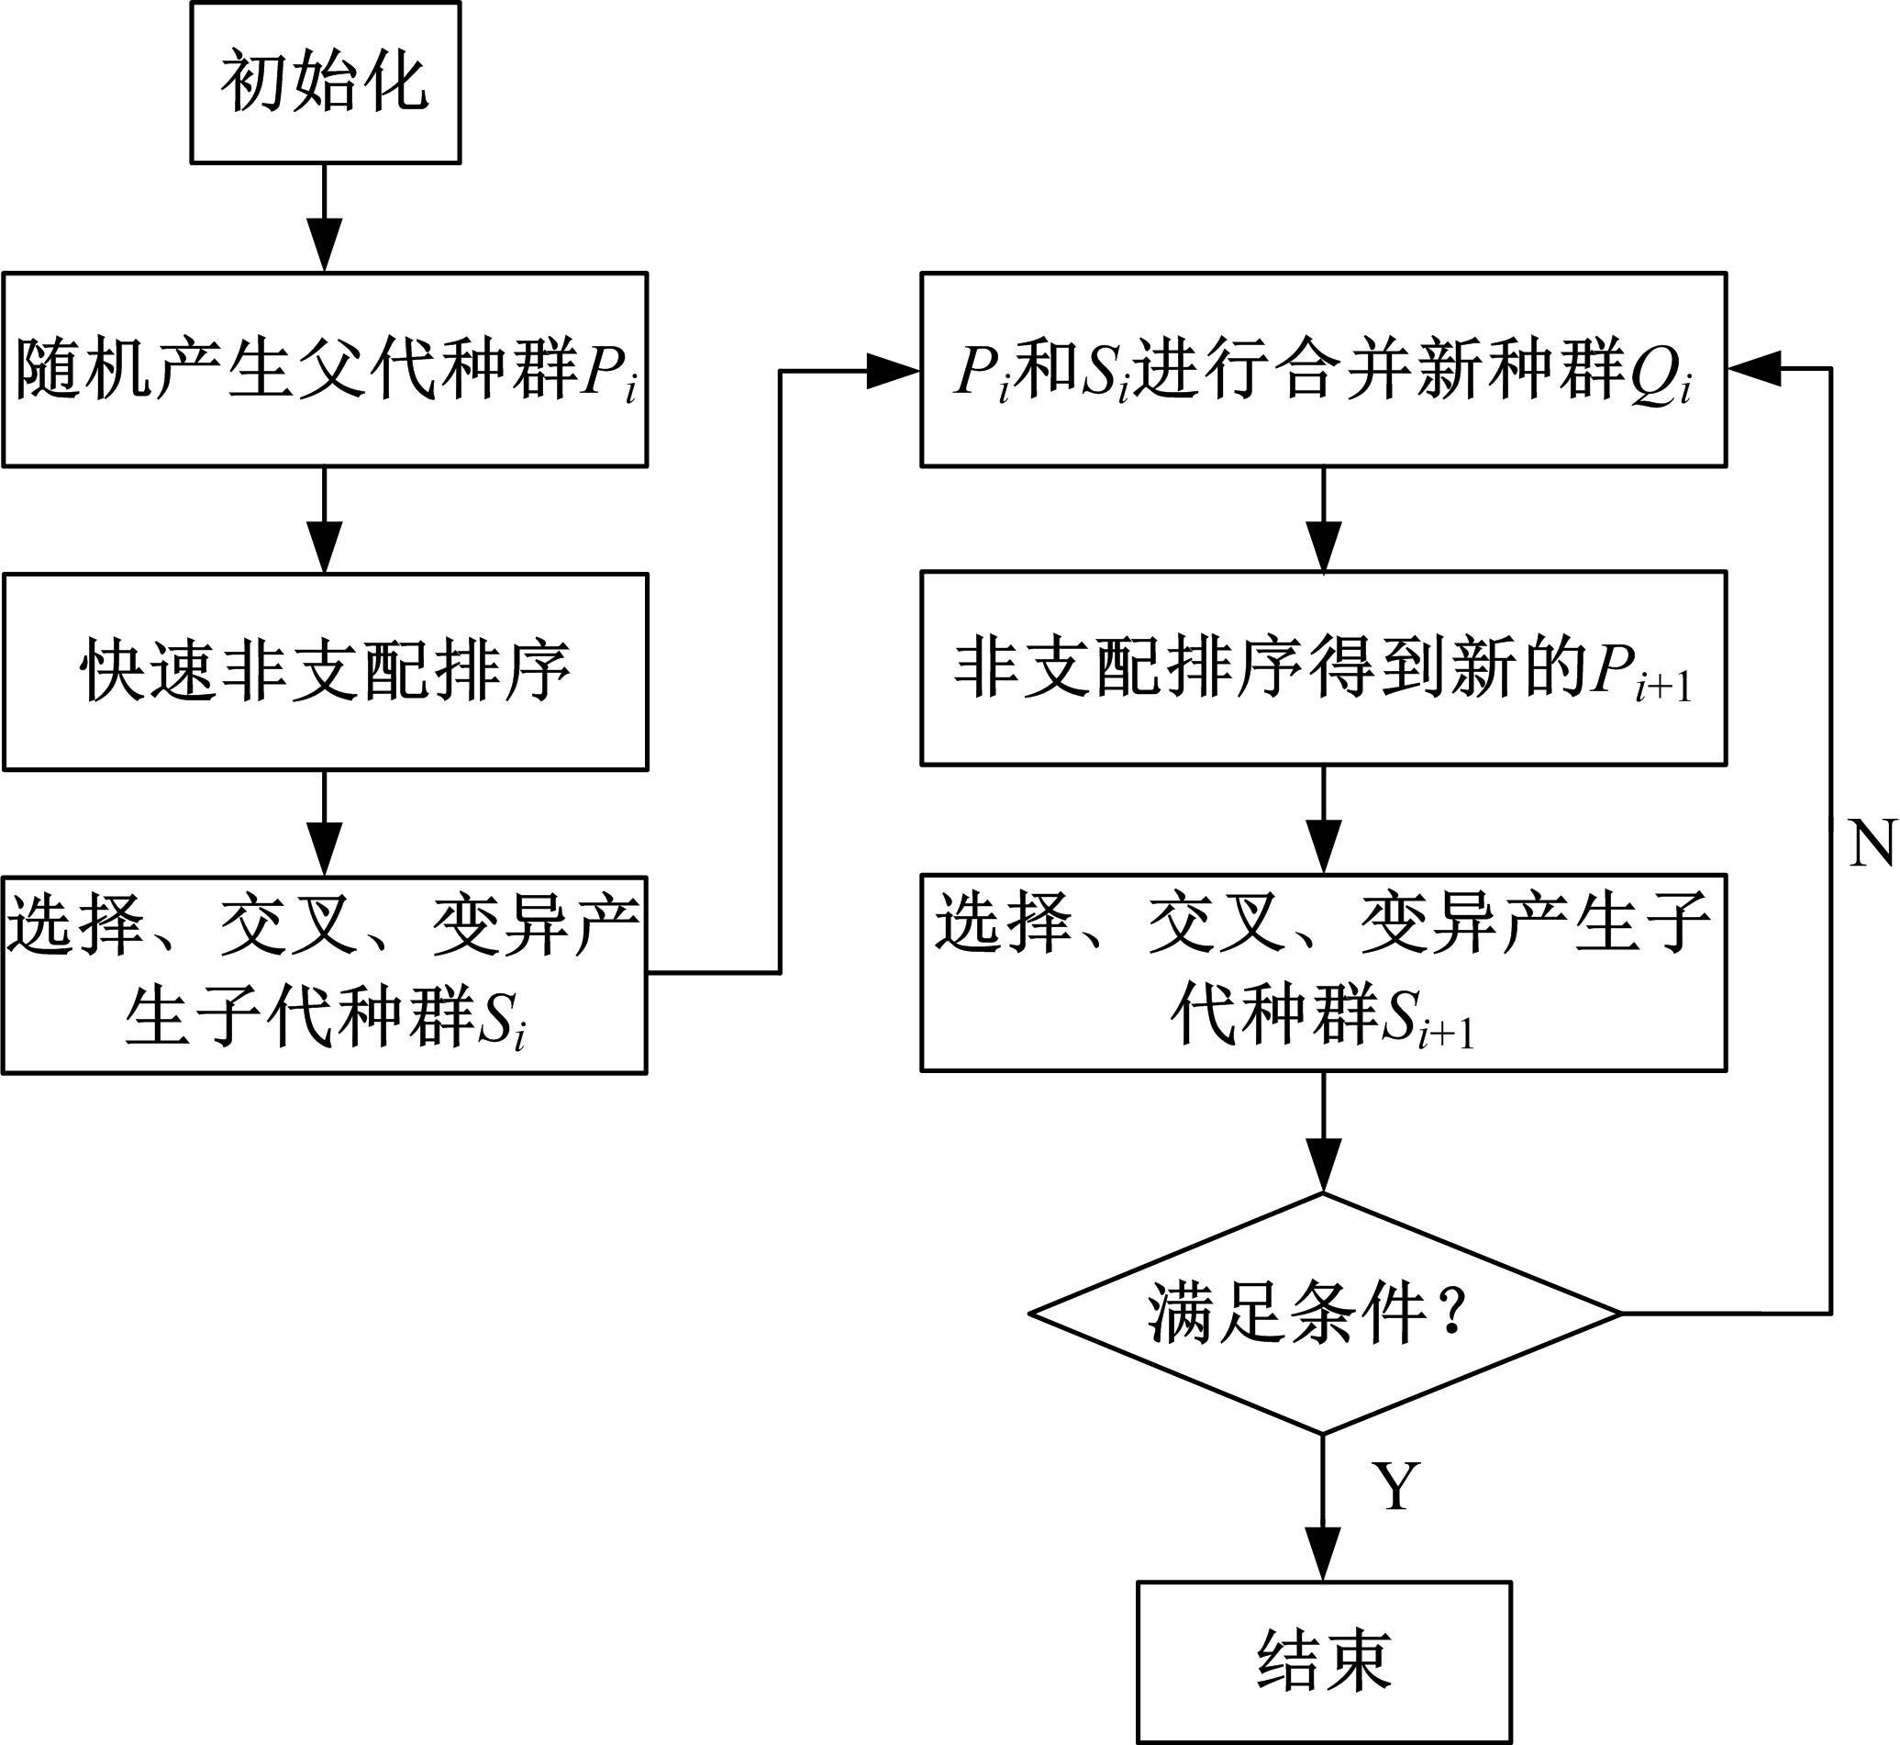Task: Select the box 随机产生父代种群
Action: coord(325,369)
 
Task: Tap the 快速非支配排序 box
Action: coord(325,671)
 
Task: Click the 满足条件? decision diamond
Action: coord(1323,1314)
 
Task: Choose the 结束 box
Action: coord(1323,1661)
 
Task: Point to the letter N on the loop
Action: coord(1872,844)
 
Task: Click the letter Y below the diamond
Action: coord(1396,1485)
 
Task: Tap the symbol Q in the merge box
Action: coord(1652,370)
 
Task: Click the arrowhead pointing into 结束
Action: coord(1323,1554)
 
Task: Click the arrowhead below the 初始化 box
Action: coord(325,244)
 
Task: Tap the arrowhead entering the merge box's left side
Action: coord(893,371)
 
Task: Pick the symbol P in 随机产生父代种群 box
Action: coord(600,369)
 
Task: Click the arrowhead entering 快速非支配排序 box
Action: coord(325,548)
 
